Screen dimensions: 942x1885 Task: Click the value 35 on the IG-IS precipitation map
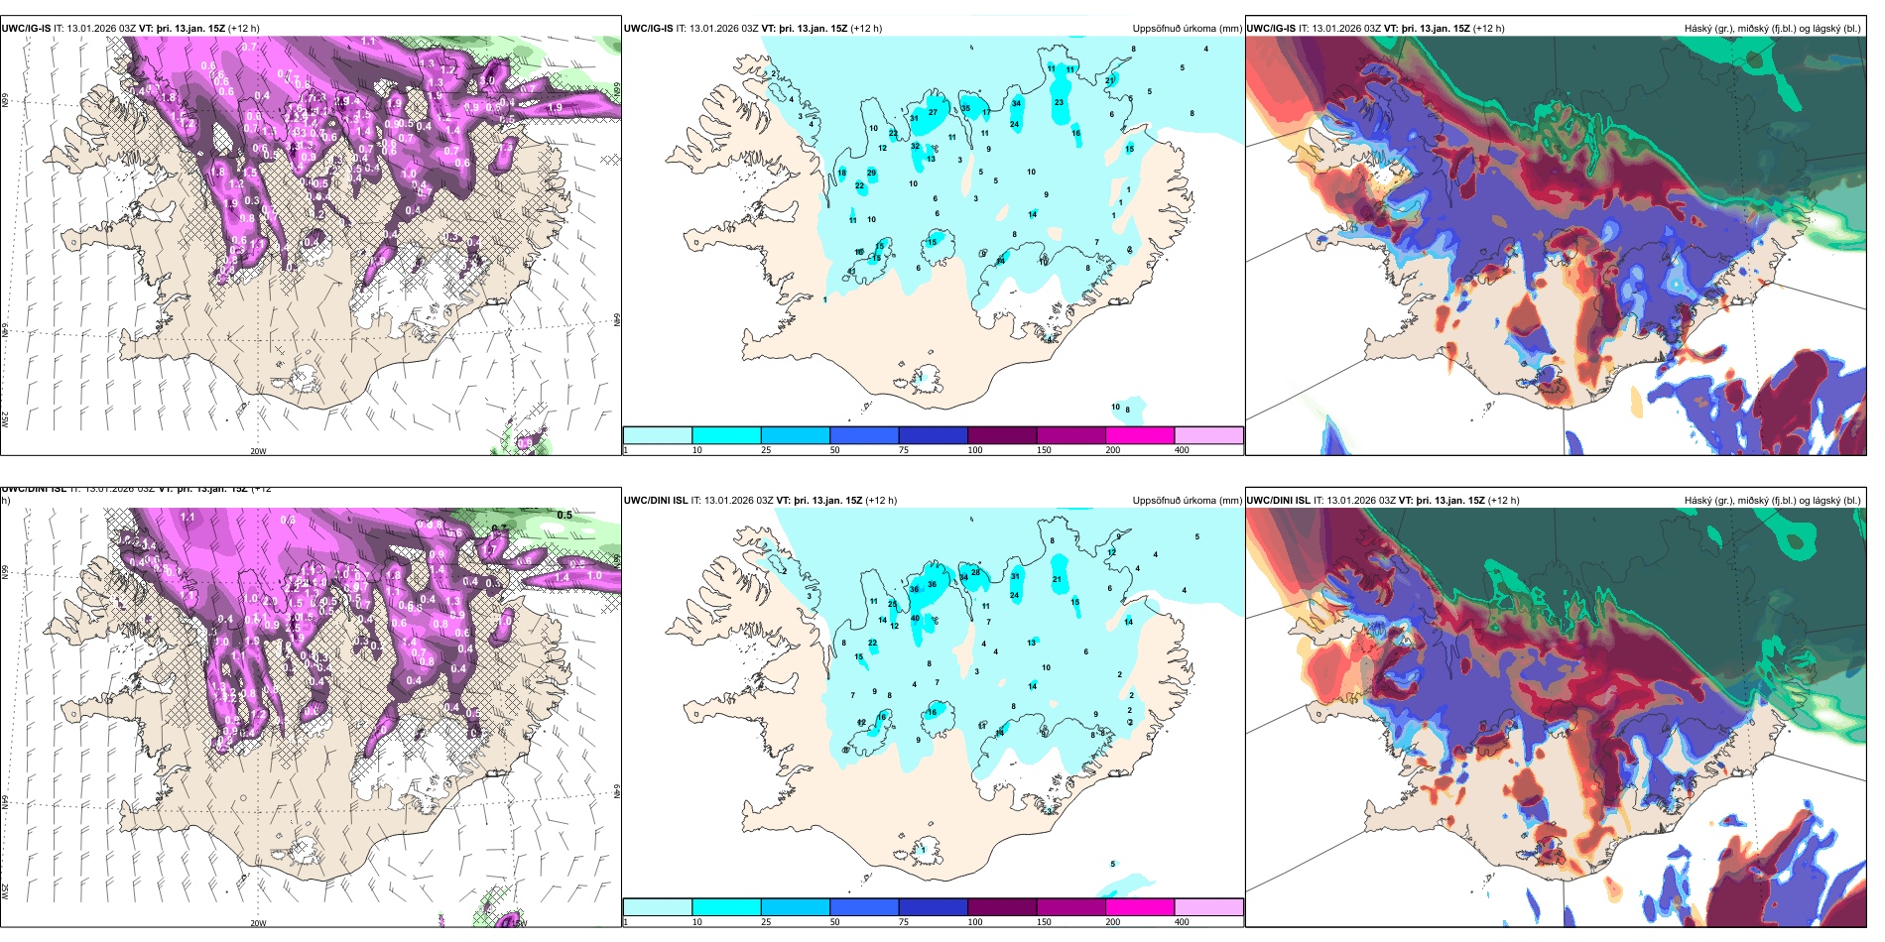(x=965, y=109)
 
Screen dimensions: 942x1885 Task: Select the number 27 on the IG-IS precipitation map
(x=933, y=112)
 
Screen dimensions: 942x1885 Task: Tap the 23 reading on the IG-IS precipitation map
(x=1059, y=102)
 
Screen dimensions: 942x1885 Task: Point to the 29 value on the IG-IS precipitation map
(x=871, y=173)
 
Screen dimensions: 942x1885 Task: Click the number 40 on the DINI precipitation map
(x=916, y=619)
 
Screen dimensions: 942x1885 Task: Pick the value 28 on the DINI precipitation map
(x=975, y=573)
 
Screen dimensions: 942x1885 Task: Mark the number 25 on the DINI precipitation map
(x=892, y=604)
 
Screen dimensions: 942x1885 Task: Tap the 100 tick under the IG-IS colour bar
(x=975, y=450)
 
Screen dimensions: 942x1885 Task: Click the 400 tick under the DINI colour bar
(x=1182, y=922)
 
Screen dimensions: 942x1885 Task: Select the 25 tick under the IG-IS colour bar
(x=766, y=450)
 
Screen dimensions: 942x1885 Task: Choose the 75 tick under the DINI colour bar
(x=904, y=922)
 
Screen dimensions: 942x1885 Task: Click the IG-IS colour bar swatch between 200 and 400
(x=1208, y=435)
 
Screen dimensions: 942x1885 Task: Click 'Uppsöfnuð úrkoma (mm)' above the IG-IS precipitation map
(x=1187, y=29)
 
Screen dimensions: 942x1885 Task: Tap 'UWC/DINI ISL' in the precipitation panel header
(x=656, y=501)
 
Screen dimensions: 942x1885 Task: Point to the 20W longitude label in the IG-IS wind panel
(x=258, y=451)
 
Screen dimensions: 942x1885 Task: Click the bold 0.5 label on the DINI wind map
(x=565, y=516)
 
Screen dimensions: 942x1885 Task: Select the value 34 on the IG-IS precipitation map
(x=1016, y=103)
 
